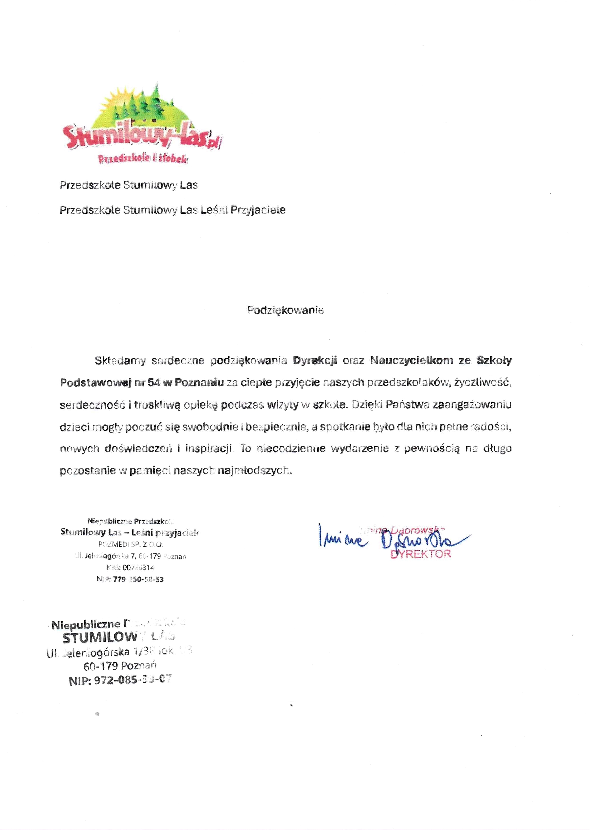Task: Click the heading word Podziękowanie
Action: tap(285, 310)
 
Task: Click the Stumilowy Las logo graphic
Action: tap(142, 124)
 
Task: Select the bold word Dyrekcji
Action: tap(315, 361)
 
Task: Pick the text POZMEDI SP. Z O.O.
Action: tap(130, 544)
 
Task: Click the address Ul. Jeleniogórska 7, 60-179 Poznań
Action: tap(130, 556)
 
